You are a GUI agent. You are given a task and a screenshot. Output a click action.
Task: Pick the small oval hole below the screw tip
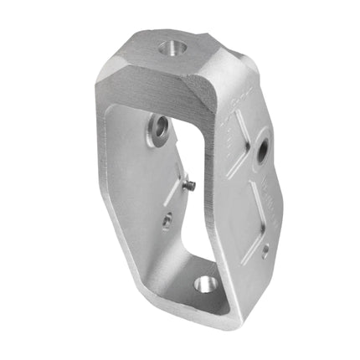tap(167, 220)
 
